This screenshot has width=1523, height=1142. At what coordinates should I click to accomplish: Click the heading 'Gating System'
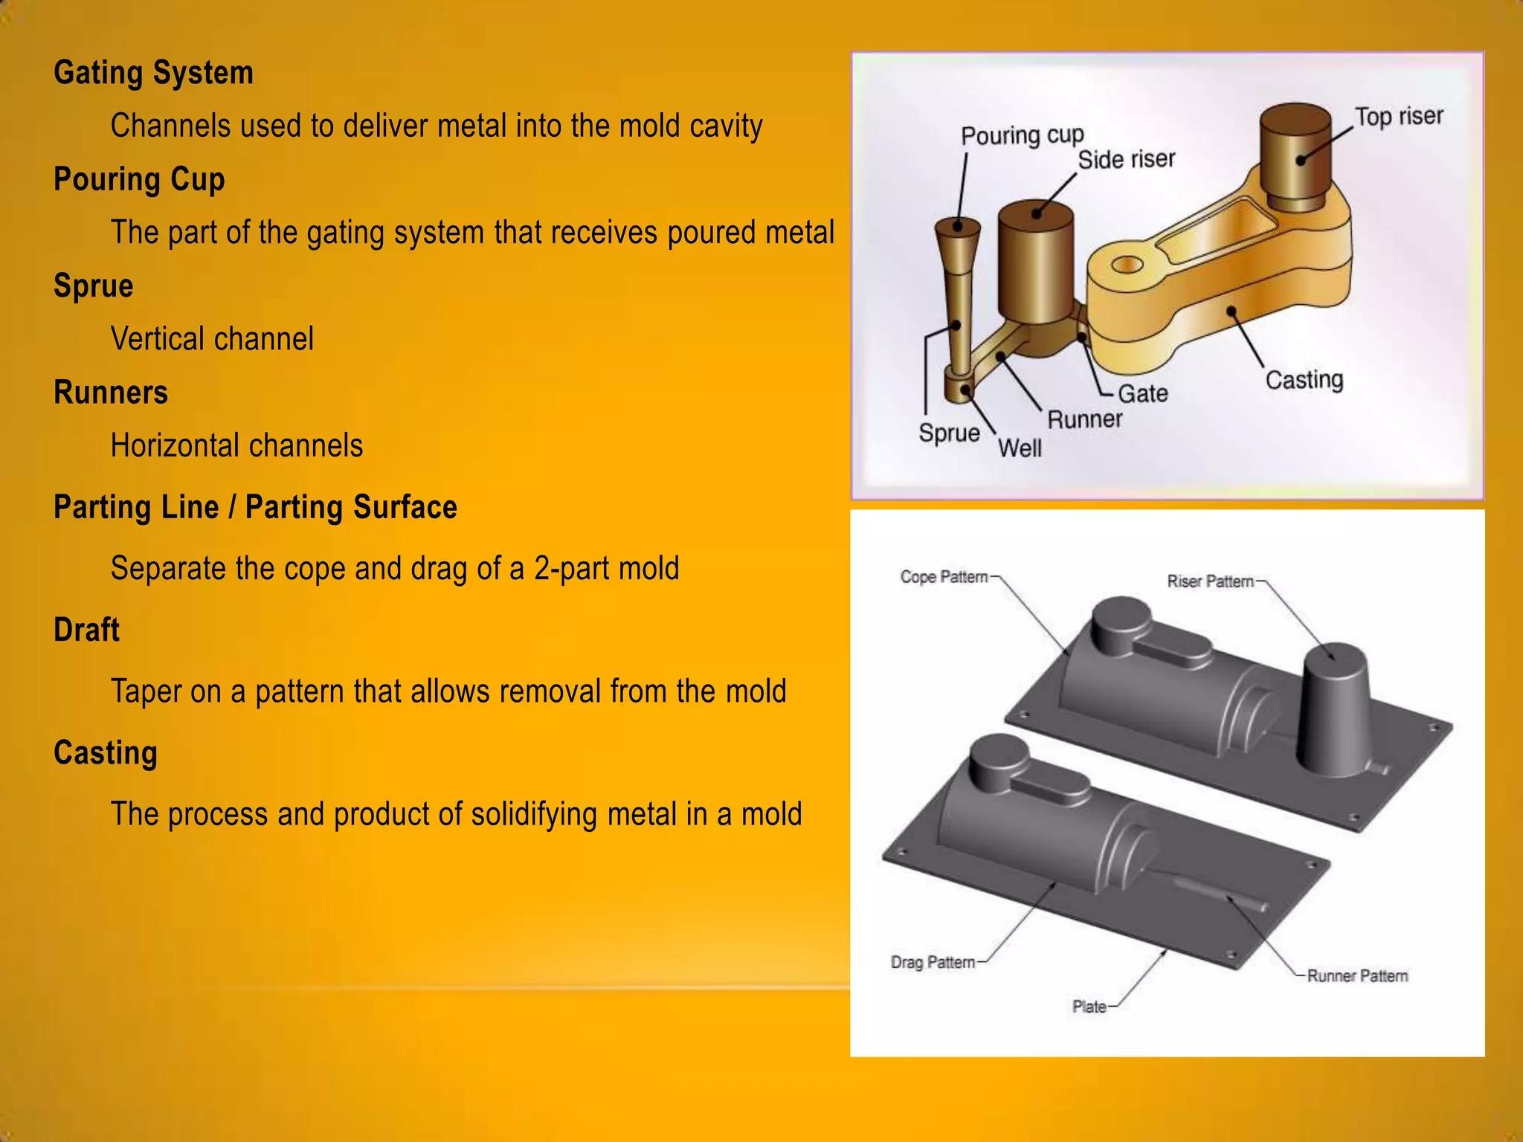[153, 73]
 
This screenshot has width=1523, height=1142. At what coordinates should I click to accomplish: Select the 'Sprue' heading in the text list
[93, 286]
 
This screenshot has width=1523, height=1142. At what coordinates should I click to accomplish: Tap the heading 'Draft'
[86, 630]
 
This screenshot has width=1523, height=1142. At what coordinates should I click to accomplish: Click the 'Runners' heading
[111, 393]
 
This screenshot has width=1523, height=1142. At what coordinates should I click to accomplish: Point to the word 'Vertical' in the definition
[152, 339]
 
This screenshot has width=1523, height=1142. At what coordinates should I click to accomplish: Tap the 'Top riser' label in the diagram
[1398, 117]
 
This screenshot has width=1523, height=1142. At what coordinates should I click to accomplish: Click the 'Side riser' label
[1126, 159]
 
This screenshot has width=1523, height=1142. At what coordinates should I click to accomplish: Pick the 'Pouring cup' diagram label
[1022, 135]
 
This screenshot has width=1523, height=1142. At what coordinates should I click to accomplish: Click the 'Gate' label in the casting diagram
[1142, 393]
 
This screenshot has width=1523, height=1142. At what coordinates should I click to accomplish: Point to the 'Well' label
[1019, 448]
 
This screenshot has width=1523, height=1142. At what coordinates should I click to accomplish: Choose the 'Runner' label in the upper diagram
[1084, 419]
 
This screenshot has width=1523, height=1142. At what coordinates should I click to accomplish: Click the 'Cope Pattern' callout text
[944, 577]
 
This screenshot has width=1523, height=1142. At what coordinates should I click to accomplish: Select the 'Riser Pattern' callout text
[1210, 581]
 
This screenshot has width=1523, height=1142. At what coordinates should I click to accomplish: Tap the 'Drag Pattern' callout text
[933, 963]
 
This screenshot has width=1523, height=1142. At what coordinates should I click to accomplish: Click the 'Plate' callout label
[1089, 1007]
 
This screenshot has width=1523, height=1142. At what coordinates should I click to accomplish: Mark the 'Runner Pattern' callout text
[1357, 976]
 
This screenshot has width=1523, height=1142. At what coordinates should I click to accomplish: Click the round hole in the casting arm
[1128, 264]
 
